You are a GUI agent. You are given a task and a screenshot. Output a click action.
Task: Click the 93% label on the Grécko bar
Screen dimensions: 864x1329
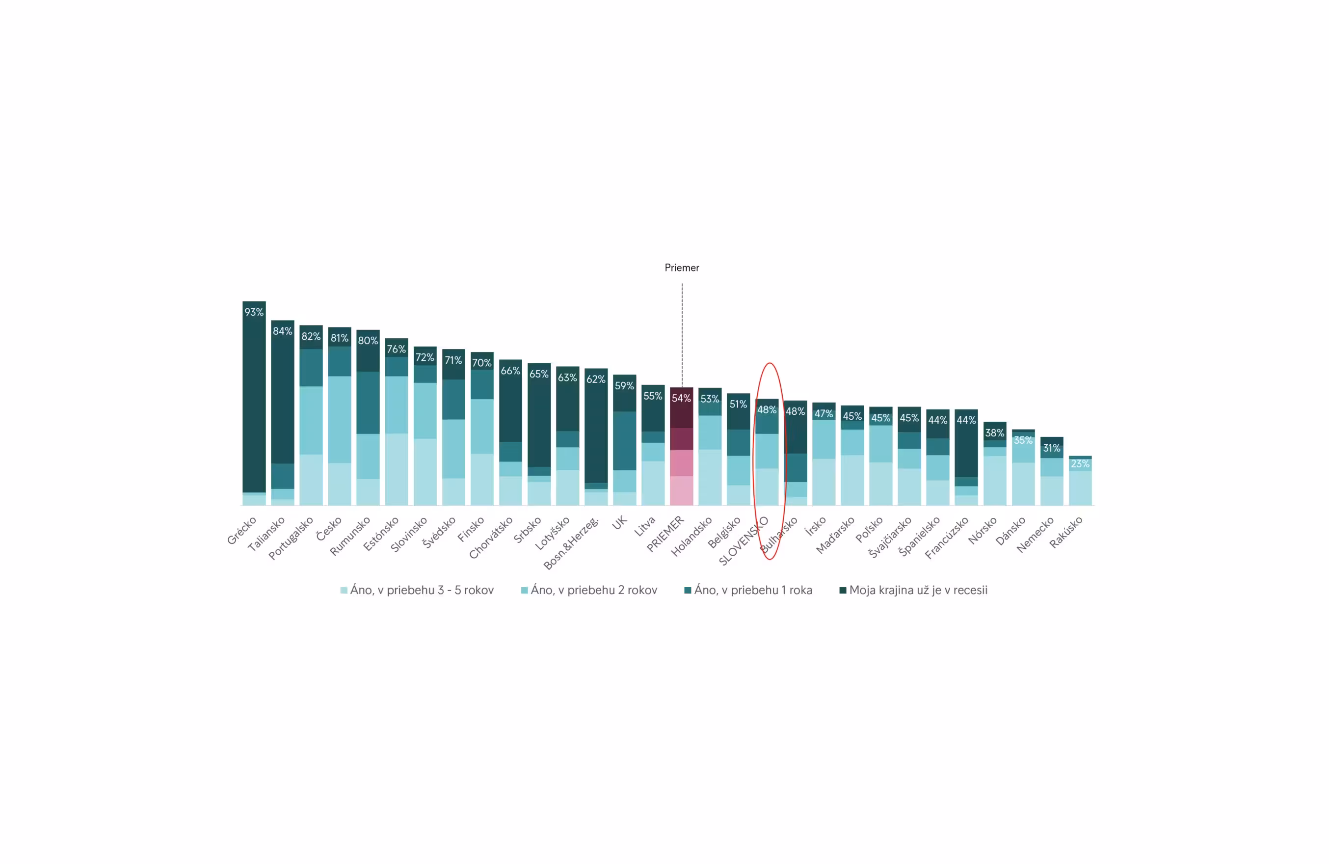tap(254, 312)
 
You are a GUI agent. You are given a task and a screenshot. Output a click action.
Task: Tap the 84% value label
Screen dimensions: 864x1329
tap(283, 331)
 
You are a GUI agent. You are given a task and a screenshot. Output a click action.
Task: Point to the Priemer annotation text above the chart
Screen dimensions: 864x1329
tap(682, 268)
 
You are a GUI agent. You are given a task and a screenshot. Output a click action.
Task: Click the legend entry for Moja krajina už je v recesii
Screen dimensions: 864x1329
tap(913, 591)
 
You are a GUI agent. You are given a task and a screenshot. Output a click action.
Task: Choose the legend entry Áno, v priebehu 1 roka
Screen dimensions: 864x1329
tap(748, 591)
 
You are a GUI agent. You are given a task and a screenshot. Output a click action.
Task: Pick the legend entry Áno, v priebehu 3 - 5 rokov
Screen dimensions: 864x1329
tap(417, 591)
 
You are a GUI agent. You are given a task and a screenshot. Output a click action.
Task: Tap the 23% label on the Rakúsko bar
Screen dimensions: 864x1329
tap(1080, 464)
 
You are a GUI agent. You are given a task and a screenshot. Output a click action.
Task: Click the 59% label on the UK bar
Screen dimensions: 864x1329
tap(624, 386)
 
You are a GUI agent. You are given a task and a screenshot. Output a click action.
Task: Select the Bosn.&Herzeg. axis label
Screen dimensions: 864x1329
tap(571, 543)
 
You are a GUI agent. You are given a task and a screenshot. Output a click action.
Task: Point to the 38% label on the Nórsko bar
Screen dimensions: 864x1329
tap(994, 433)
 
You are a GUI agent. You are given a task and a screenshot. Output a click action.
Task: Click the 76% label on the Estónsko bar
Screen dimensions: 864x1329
tap(397, 349)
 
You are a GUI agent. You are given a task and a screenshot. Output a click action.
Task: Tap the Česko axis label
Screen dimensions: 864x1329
tap(328, 529)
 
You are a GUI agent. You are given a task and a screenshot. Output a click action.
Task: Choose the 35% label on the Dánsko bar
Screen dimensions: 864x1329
tap(1023, 440)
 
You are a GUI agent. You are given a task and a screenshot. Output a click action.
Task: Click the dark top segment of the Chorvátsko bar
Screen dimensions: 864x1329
tap(510, 408)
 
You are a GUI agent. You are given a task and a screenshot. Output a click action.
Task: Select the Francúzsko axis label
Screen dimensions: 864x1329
tap(947, 538)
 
